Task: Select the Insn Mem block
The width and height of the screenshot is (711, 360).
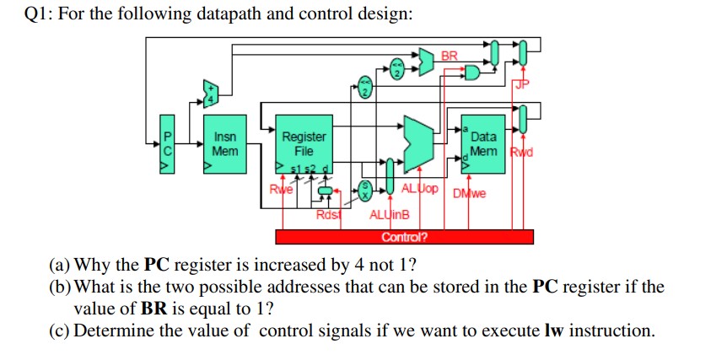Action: click(x=224, y=144)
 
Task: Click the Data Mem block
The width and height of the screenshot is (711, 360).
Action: click(x=483, y=144)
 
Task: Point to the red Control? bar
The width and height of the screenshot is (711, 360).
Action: click(x=404, y=236)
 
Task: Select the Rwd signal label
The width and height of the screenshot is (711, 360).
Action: click(x=523, y=154)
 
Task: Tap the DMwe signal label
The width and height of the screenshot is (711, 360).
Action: click(x=470, y=194)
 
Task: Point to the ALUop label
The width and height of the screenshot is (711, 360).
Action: click(x=419, y=188)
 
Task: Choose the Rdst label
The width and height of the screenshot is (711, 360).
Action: click(x=326, y=215)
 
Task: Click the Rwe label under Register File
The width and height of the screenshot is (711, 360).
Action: click(x=277, y=189)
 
